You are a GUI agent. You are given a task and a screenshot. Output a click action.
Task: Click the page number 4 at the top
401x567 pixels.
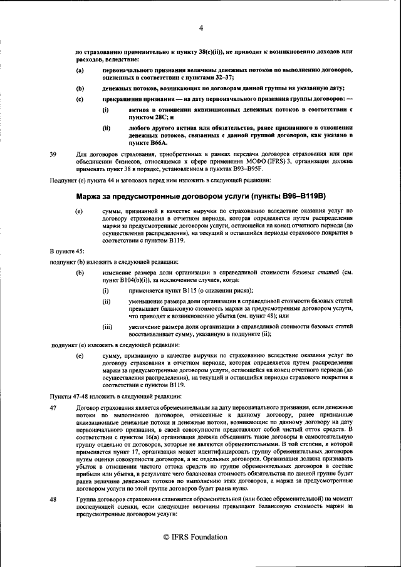coord(201,28)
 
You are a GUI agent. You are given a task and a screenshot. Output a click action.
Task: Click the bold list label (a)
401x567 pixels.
coord(80,70)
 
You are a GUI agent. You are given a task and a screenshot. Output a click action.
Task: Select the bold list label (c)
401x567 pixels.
coord(80,99)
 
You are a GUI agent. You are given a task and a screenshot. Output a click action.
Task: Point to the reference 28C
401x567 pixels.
coord(157,117)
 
